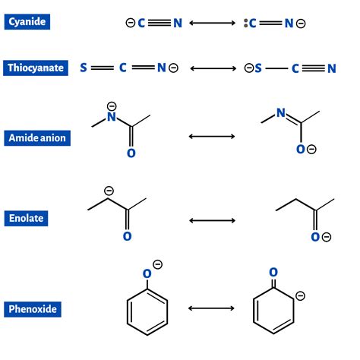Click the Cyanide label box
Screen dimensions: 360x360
tap(27, 22)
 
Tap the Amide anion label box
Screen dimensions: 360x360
tap(37, 137)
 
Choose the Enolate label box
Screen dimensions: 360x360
tap(27, 219)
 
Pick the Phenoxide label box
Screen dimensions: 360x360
tap(32, 309)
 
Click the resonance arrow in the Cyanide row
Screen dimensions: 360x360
tap(213, 23)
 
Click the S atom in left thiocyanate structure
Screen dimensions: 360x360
tap(83, 68)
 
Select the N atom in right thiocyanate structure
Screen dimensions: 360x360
tap(331, 68)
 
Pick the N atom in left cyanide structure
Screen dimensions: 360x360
tap(178, 23)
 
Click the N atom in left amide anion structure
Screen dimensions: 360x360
tap(112, 118)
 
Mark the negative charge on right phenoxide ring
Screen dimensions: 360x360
tap(300, 295)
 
